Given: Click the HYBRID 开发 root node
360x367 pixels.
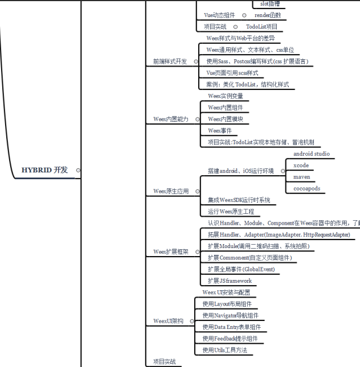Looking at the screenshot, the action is (x=44, y=170).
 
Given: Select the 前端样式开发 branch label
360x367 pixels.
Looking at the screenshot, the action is (x=170, y=61).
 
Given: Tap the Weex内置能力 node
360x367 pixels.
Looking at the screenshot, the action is (x=170, y=119).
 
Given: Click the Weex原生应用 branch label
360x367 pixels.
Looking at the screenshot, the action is (x=171, y=191).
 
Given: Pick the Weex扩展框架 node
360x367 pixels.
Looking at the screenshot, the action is (x=171, y=251).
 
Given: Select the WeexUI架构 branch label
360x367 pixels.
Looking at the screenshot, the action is (x=169, y=321).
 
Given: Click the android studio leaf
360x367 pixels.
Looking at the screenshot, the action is (x=311, y=154).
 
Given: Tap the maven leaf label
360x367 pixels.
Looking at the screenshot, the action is (x=302, y=176).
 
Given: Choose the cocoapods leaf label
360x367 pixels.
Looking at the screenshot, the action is (x=306, y=188).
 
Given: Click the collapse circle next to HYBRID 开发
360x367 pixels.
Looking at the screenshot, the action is (x=78, y=170).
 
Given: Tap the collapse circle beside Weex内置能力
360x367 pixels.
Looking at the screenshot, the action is (x=195, y=119).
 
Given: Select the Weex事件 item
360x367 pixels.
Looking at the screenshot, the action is (x=219, y=130).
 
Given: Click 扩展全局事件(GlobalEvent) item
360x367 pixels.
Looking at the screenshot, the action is (x=242, y=269).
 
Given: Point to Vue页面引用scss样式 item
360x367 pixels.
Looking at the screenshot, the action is (x=232, y=73).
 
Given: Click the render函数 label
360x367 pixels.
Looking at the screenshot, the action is (x=267, y=15).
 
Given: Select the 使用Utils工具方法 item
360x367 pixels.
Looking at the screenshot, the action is (x=225, y=350).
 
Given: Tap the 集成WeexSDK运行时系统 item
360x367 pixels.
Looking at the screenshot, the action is (x=239, y=200).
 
